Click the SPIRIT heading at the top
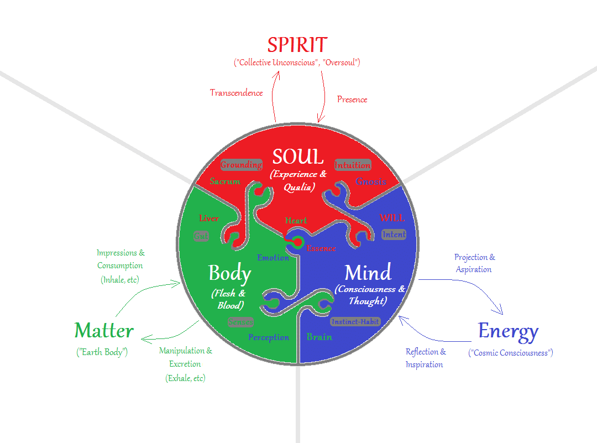(297, 45)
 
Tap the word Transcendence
(236, 93)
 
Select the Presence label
(352, 100)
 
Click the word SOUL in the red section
(298, 157)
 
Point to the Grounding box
(241, 165)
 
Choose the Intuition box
(353, 165)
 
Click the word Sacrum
(225, 181)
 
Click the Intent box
(394, 234)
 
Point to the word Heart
(296, 221)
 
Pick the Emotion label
(273, 257)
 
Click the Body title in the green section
(230, 273)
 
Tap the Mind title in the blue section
(368, 273)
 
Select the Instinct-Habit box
(355, 321)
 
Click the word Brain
(319, 337)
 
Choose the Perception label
(269, 337)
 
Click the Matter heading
(104, 331)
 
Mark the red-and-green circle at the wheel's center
(298, 242)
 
